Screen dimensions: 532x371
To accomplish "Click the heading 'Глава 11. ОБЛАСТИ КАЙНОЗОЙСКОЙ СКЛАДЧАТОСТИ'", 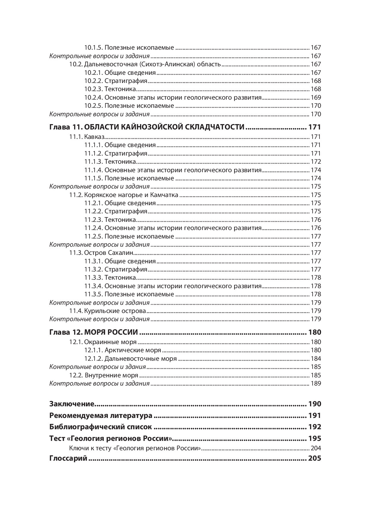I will point(147,127).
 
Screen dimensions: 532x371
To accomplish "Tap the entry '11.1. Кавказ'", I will point(87,137).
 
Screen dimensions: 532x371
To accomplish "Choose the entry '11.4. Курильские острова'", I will point(108,311).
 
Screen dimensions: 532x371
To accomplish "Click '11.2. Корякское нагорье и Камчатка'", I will point(124,195).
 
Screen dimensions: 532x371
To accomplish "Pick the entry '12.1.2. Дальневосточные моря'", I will point(130,359).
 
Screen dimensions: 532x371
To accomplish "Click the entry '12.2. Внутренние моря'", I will point(104,376).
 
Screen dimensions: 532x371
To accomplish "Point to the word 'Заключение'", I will point(72,404).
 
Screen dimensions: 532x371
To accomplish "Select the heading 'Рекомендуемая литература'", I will point(101,416).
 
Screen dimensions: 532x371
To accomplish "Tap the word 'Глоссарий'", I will point(68,458).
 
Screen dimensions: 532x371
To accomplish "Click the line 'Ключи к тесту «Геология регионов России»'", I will point(135,448).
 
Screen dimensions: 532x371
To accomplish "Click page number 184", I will point(316,359).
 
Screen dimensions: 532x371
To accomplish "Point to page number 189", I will point(316,384).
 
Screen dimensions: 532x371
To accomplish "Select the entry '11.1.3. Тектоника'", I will point(110,162).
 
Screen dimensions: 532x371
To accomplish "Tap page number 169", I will point(316,97).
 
